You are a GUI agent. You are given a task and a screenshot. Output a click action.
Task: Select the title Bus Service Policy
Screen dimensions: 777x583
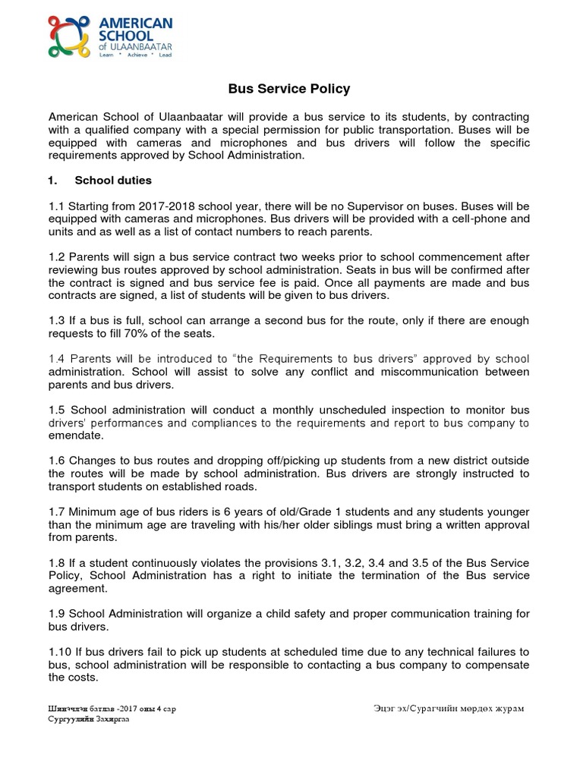(x=289, y=89)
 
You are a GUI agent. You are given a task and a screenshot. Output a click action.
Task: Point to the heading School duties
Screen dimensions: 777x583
(x=113, y=181)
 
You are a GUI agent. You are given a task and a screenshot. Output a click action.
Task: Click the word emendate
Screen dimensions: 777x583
(x=75, y=436)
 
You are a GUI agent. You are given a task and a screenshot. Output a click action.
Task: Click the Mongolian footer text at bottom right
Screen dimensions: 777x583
(x=448, y=709)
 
